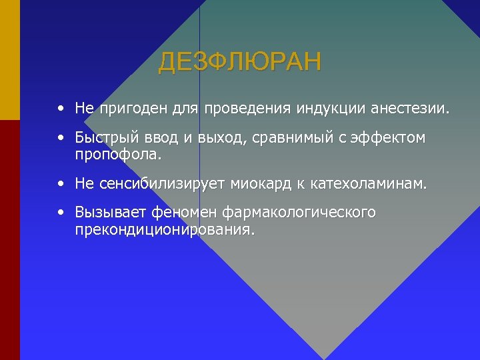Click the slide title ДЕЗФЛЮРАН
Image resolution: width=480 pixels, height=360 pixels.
coord(239,62)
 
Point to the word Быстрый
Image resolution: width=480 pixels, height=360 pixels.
coord(104,139)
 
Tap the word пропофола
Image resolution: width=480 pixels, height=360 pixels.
coord(118,155)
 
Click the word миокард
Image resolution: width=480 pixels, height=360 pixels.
coord(266,183)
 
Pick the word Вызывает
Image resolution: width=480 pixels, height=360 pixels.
coord(111,213)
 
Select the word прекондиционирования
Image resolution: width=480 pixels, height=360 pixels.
coord(164,229)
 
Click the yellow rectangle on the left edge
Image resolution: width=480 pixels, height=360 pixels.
coord(9,60)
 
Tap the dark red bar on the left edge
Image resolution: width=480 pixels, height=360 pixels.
coord(9,240)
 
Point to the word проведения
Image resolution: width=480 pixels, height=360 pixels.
coord(238,108)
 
